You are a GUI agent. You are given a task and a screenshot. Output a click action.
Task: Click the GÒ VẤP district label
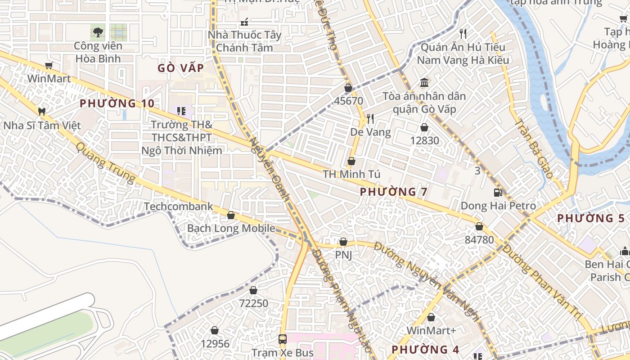[180, 68]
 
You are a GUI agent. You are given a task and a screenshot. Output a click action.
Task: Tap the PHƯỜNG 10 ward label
[117, 103]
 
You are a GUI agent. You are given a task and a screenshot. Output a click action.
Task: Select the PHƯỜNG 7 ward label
[393, 192]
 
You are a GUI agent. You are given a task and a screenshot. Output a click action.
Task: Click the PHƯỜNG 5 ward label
[591, 218]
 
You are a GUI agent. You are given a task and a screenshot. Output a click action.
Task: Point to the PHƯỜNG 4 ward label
[425, 350]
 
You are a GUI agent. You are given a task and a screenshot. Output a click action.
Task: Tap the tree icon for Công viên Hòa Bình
[98, 32]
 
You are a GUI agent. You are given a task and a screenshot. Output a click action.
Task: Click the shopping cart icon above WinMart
[49, 66]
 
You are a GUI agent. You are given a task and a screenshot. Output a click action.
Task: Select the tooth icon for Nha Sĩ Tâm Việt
[42, 111]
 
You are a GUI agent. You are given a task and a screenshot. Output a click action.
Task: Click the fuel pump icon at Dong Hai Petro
[498, 193]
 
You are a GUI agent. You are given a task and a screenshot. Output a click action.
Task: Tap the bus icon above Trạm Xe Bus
[282, 339]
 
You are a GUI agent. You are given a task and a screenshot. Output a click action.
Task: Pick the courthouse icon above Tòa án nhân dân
[424, 82]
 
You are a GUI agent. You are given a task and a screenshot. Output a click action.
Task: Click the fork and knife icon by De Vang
[370, 119]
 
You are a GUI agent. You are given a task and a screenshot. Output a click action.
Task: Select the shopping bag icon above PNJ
[343, 242]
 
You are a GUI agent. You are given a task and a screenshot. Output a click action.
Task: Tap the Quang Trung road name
[105, 163]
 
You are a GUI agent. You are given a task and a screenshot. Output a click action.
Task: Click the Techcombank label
[178, 207]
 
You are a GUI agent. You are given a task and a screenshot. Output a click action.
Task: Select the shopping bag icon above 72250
[253, 290]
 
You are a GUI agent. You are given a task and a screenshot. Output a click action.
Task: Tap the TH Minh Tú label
[351, 174]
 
